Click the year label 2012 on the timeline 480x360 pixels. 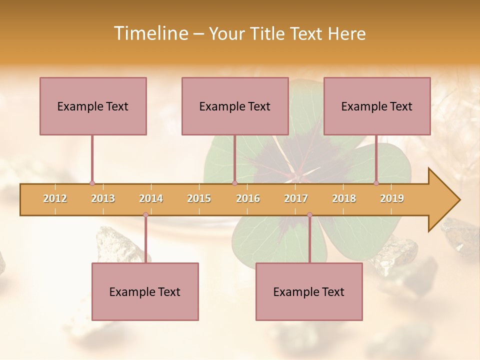(55, 198)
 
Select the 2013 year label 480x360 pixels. (103, 198)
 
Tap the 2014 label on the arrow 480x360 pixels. (151, 198)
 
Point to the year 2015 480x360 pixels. (199, 198)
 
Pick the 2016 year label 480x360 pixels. (248, 198)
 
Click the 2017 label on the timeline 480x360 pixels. (296, 198)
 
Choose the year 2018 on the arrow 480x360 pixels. (344, 198)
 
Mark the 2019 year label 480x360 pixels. (392, 198)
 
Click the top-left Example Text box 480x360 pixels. (93, 106)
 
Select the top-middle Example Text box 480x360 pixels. (235, 106)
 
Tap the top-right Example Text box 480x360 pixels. (377, 106)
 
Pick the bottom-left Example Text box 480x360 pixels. (145, 291)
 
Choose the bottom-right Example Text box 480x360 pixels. (309, 291)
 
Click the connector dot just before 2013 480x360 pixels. (92, 183)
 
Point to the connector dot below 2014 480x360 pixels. (145, 215)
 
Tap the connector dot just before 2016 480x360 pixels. (234, 183)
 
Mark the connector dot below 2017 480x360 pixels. (309, 215)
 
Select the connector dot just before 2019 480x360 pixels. (376, 183)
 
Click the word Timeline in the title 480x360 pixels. (150, 33)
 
